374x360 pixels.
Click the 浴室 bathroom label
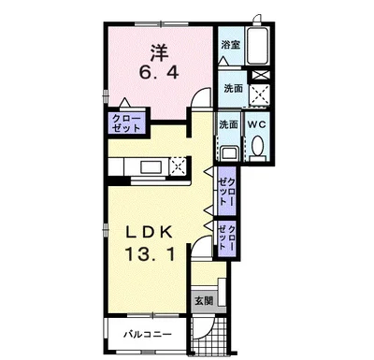point(230,45)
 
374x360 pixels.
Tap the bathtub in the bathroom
point(257,46)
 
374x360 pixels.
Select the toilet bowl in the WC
point(257,146)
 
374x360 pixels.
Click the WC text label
point(257,124)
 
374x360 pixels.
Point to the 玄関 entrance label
point(204,301)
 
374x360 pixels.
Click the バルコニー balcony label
point(148,335)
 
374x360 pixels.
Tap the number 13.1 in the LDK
point(150,254)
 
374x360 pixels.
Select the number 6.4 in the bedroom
point(159,73)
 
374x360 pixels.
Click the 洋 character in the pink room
point(159,52)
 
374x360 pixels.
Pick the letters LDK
point(150,233)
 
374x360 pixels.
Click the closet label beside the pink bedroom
point(126,123)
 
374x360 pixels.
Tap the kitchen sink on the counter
point(151,167)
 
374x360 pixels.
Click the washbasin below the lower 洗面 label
point(229,154)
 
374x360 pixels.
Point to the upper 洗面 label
point(234,89)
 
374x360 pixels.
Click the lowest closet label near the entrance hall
point(226,237)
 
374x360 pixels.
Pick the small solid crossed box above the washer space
point(259,75)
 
